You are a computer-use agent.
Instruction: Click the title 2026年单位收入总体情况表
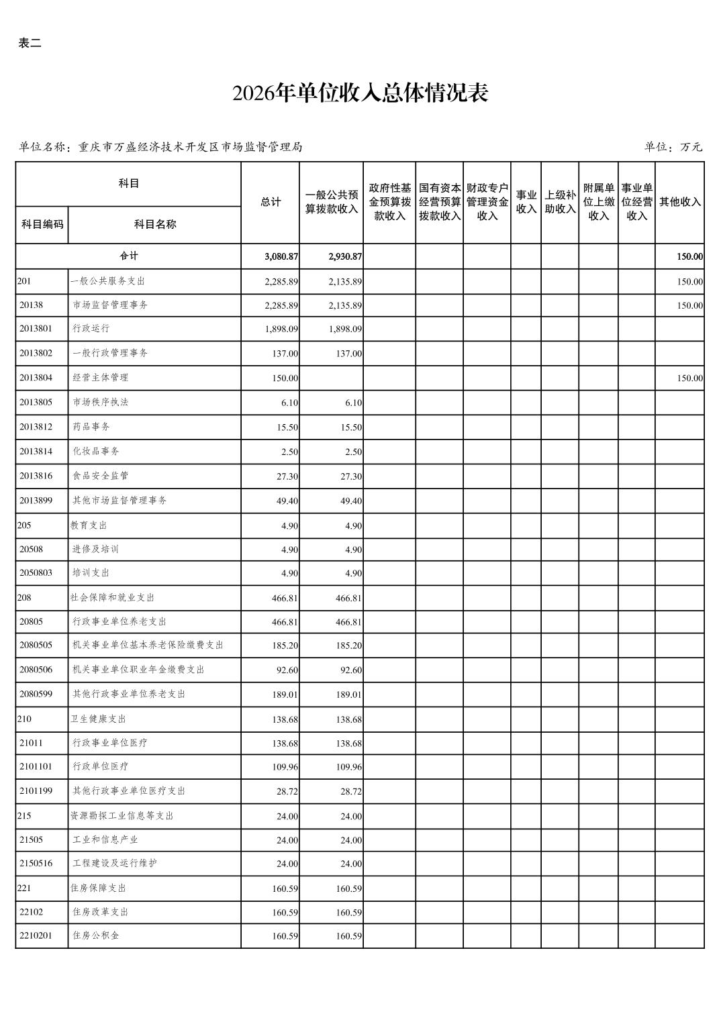[x=360, y=93]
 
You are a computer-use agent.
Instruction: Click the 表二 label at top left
[x=30, y=44]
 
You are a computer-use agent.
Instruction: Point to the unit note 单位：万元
[x=673, y=147]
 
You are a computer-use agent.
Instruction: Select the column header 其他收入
[x=679, y=202]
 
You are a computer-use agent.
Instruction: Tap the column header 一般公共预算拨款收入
[x=332, y=202]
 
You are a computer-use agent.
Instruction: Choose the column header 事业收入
[x=526, y=202]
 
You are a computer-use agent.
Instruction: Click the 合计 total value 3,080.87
[x=281, y=256]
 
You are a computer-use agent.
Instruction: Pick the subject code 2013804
[x=36, y=378]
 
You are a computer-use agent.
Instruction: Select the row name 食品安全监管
[x=101, y=476]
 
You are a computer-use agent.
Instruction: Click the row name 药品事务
[x=91, y=427]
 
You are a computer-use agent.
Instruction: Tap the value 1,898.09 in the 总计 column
[x=281, y=329]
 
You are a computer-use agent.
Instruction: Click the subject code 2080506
[x=36, y=670]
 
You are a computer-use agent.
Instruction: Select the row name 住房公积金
[x=96, y=935]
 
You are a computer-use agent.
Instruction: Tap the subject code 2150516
[x=36, y=864]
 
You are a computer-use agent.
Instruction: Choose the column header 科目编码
[x=42, y=224]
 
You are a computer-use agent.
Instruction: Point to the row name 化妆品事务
[x=96, y=452]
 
